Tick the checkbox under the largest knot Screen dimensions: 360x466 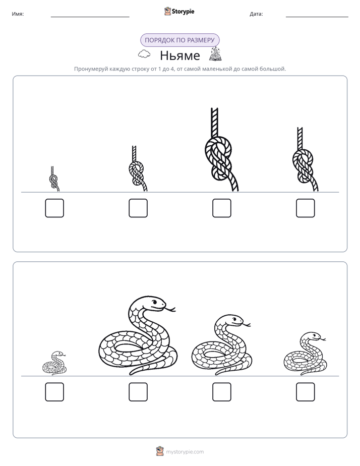[221, 208]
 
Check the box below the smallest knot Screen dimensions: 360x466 [54, 208]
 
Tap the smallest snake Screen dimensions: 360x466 [54, 364]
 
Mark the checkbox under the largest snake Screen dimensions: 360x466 [138, 392]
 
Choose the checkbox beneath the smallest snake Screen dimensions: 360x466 [54, 392]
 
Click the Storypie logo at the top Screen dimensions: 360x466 [179, 12]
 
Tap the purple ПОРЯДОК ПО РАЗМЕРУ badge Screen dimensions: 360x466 [179, 40]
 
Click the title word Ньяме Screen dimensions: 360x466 [180, 55]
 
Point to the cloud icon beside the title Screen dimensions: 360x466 [144, 54]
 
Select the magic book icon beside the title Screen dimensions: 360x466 [216, 54]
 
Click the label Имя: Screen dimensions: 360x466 [18, 14]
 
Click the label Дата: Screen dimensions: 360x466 [256, 14]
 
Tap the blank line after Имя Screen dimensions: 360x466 [90, 17]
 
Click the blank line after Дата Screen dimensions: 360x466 [317, 17]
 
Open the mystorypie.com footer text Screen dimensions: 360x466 [185, 452]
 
